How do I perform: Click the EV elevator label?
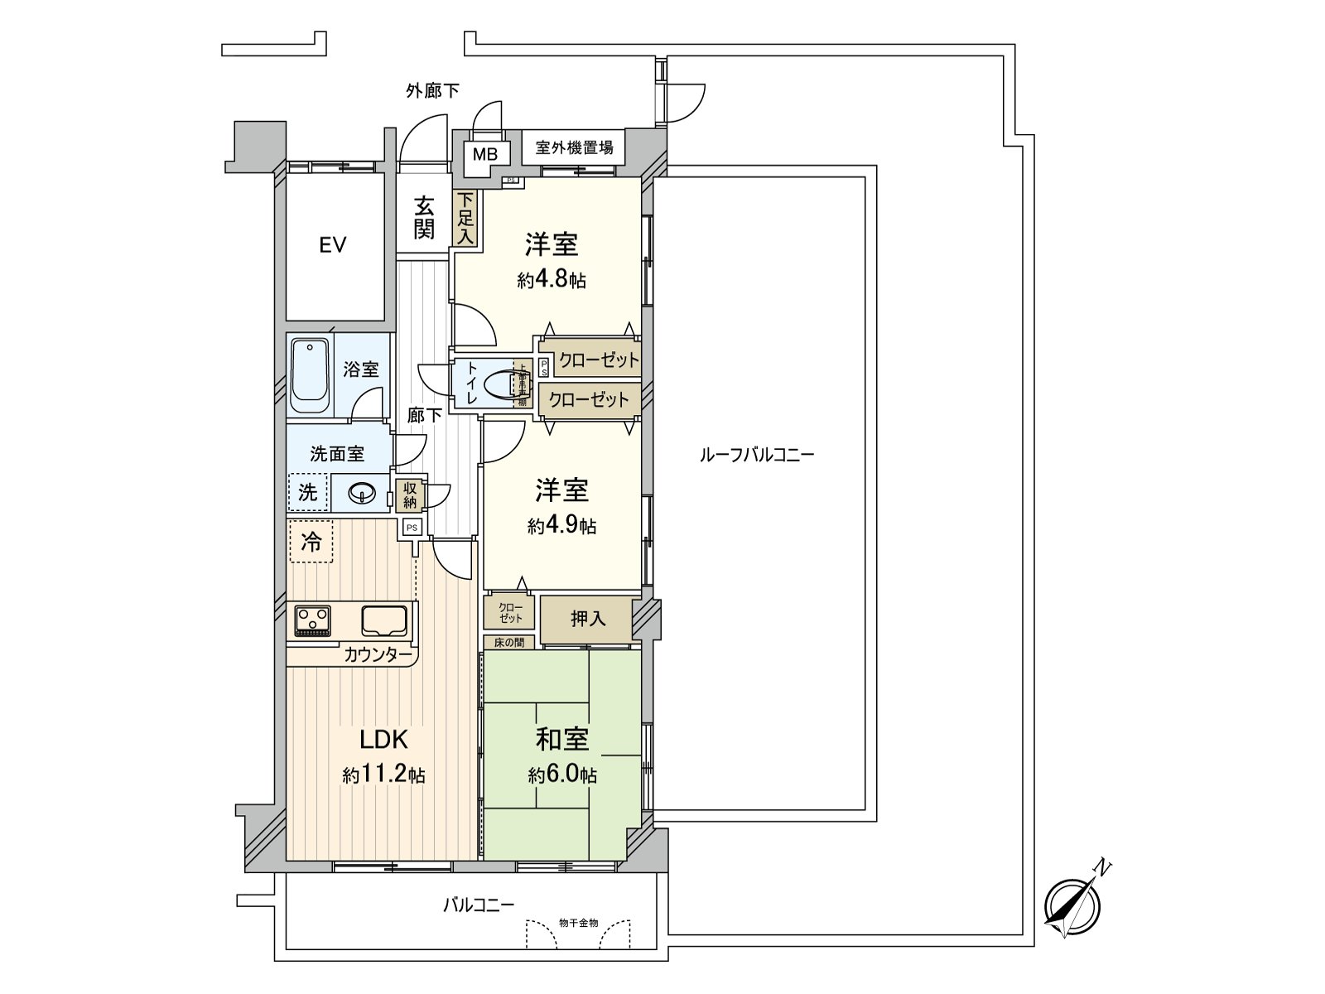click(x=332, y=245)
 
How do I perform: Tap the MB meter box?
click(x=484, y=154)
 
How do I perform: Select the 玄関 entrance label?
click(x=424, y=217)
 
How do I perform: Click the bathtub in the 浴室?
click(x=311, y=378)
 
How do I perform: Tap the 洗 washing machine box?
click(x=307, y=493)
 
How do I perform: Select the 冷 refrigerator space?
click(x=311, y=543)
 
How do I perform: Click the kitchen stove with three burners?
click(x=312, y=620)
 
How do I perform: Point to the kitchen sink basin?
click(x=383, y=620)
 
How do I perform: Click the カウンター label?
click(x=378, y=655)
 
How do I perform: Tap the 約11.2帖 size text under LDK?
click(x=383, y=775)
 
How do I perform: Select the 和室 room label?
click(x=562, y=738)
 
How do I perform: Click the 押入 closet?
click(x=588, y=619)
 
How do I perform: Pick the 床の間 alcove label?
click(x=509, y=642)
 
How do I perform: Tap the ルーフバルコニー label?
click(x=757, y=455)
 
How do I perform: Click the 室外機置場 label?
click(x=574, y=148)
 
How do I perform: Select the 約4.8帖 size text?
click(x=552, y=280)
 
